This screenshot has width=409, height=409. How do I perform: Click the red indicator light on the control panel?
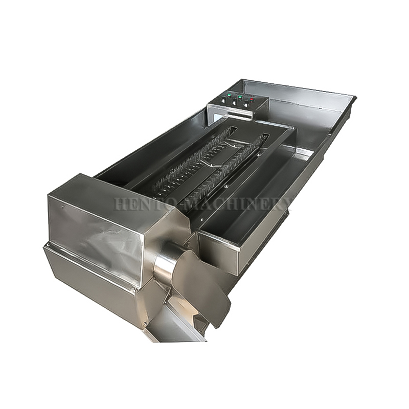[252, 99]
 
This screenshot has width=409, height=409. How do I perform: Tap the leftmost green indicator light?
[229, 96]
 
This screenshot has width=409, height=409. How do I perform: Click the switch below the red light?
[246, 105]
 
